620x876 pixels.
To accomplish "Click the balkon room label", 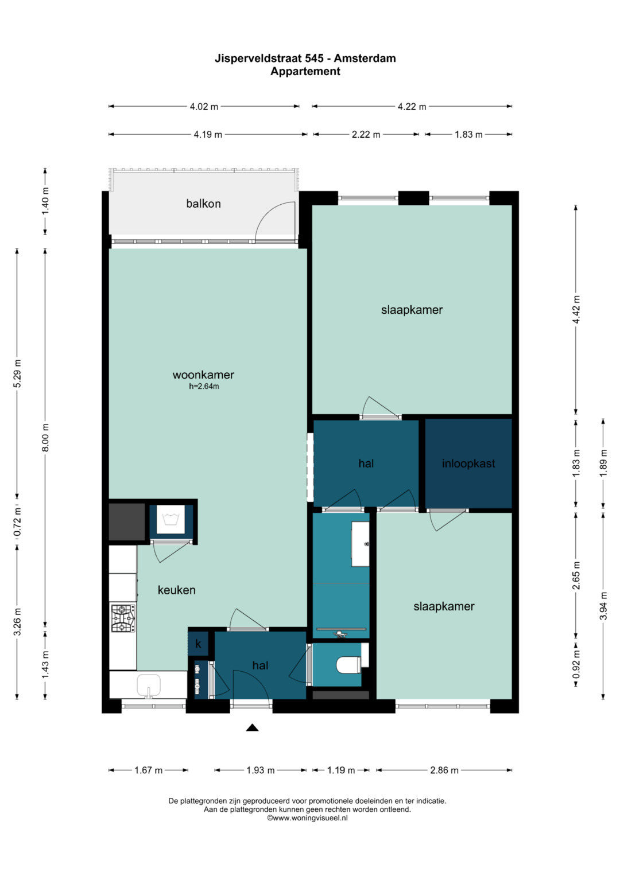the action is pos(203,204).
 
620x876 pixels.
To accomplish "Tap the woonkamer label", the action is pos(203,375).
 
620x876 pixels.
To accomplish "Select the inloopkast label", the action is pos(468,464).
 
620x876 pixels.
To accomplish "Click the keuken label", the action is pos(177,590).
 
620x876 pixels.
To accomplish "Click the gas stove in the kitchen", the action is pos(123,618).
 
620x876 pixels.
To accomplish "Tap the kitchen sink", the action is pos(149,686).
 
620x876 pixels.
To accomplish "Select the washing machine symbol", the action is pos(170,519).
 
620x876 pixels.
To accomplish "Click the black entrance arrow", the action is pos(253,727).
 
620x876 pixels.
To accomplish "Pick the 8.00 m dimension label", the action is pos(45,437).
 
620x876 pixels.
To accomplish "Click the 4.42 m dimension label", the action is pos(576,310).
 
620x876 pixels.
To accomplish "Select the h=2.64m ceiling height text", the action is pos(204,387).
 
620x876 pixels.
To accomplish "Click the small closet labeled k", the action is pos(198,644).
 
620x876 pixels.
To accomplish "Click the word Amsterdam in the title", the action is pos(365,59).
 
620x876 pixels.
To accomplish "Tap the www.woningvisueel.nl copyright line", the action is pos(307,818).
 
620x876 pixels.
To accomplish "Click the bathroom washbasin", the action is pos(361,544).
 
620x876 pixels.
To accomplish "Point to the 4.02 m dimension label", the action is pos(204,106).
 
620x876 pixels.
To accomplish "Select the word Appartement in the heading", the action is pos(305,72).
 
